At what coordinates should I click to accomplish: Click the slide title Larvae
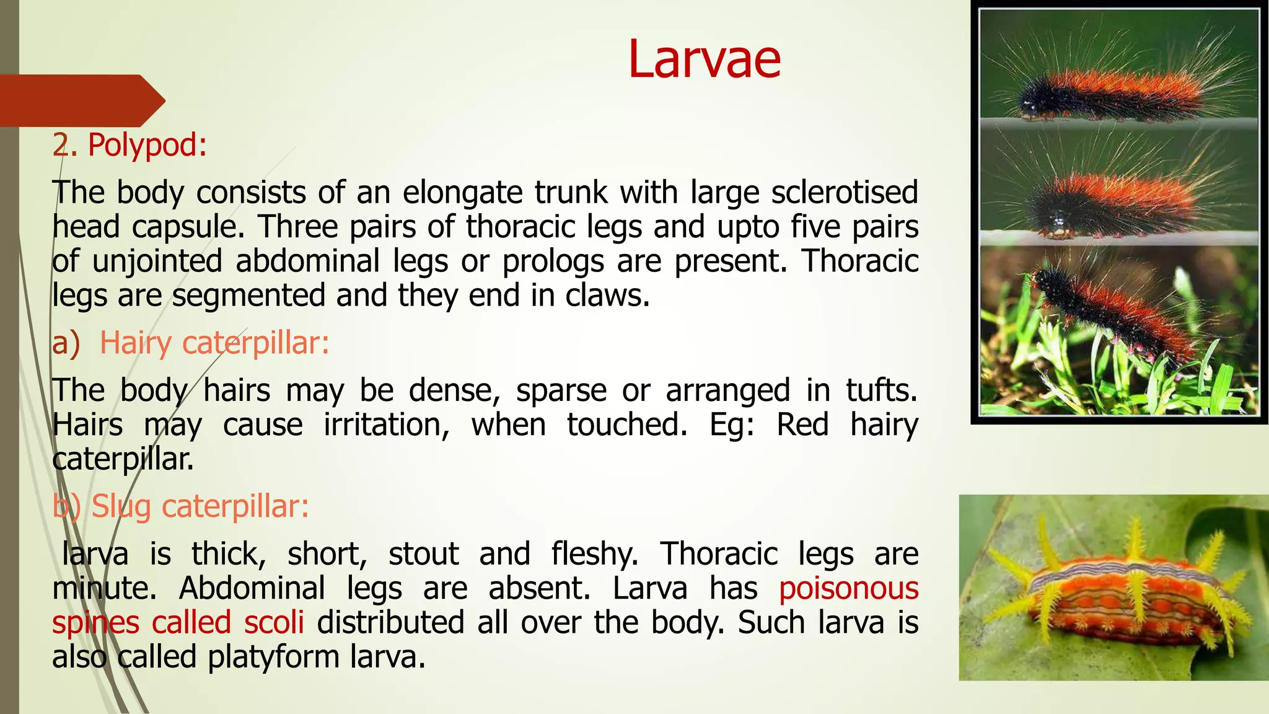pos(704,59)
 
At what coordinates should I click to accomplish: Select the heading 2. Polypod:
pos(130,145)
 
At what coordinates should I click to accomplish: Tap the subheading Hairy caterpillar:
pos(214,343)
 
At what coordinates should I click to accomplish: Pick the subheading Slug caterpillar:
pos(200,506)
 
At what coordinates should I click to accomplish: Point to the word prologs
pos(553,261)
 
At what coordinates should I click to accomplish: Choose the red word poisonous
pos(848,588)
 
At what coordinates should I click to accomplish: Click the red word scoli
pos(274,622)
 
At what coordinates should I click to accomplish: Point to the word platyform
pos(273,657)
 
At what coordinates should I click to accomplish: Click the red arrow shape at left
pos(81,100)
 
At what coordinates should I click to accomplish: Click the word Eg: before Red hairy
pos(732,425)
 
